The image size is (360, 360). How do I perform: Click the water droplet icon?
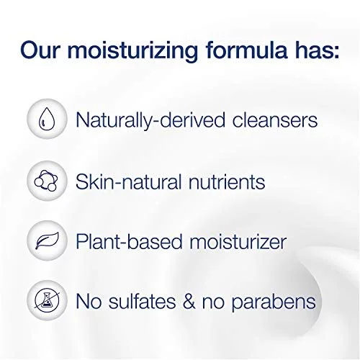(47, 119)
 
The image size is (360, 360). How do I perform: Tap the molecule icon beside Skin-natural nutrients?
(46, 181)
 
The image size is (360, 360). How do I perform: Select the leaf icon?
(47, 240)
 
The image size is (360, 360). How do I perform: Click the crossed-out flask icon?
(47, 300)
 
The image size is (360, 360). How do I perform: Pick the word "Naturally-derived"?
(150, 121)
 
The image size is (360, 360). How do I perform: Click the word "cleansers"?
(275, 120)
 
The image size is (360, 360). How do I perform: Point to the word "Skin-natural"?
(128, 181)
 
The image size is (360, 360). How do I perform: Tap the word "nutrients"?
(227, 182)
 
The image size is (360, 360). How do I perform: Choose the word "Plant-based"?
(129, 240)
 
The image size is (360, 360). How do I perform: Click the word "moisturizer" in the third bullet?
(238, 241)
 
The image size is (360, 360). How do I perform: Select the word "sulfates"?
(142, 300)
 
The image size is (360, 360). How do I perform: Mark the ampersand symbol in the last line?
(189, 301)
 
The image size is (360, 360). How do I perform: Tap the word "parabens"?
(274, 302)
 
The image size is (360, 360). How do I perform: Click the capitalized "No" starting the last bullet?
(89, 301)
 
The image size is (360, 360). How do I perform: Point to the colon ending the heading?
(336, 53)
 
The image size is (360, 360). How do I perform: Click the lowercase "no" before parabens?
(213, 303)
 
